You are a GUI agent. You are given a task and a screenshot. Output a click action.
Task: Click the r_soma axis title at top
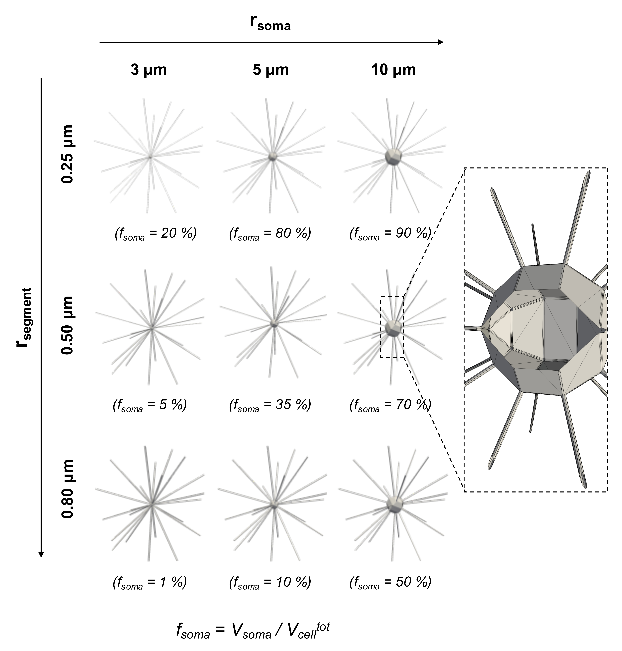pyautogui.click(x=270, y=23)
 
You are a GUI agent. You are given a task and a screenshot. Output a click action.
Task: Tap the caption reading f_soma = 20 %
pyautogui.click(x=155, y=234)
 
